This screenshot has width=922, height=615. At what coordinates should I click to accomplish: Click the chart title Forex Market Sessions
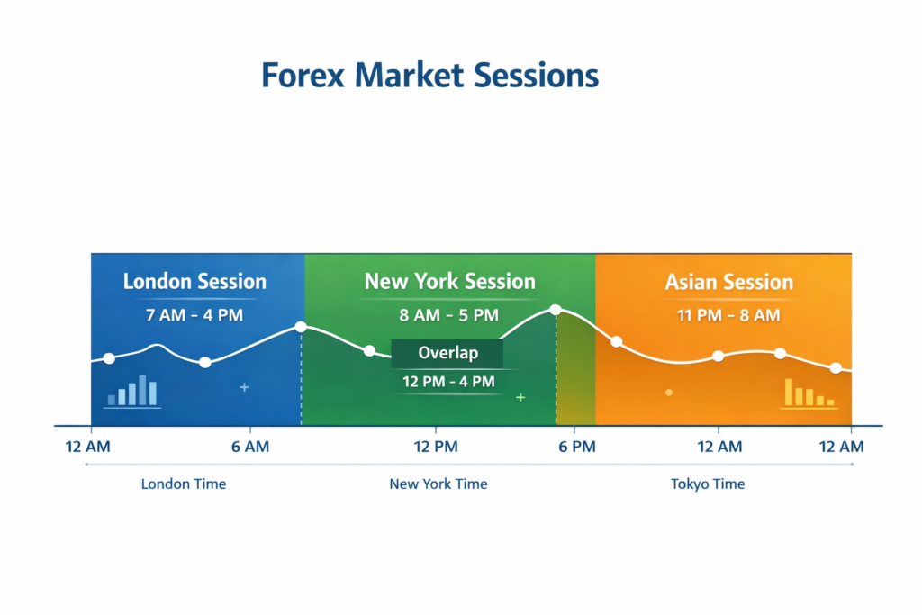point(429,76)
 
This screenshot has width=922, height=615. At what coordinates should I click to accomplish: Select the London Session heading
point(194,282)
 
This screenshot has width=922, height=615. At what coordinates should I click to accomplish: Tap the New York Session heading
point(449,282)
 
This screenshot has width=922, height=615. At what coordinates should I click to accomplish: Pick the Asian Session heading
point(728,283)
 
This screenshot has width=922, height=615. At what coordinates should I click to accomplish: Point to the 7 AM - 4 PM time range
point(194,315)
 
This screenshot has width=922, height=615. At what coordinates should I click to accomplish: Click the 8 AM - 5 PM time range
point(448,315)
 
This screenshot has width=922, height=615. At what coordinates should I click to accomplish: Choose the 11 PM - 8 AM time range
point(728,315)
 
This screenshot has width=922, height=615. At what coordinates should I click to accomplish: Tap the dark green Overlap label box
point(447,353)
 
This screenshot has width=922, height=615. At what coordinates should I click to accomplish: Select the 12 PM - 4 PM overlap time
point(447,382)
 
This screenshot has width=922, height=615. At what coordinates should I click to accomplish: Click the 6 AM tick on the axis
point(249,447)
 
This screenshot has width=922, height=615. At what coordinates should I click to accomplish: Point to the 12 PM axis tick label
point(436,447)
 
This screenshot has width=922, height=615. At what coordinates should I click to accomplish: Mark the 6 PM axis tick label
point(576,447)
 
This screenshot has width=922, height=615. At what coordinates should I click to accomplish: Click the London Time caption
point(184,484)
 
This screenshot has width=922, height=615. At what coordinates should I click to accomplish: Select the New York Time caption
point(438,484)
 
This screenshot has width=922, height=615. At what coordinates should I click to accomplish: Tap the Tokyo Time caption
point(708,484)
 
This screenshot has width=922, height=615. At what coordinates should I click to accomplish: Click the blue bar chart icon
point(132,390)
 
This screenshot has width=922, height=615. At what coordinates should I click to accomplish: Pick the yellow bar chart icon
point(809,393)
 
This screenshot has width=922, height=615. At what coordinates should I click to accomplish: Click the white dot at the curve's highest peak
point(556,310)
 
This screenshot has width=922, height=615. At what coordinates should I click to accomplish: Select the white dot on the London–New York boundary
point(301,327)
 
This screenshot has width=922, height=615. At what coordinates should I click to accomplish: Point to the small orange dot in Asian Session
point(668,393)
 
